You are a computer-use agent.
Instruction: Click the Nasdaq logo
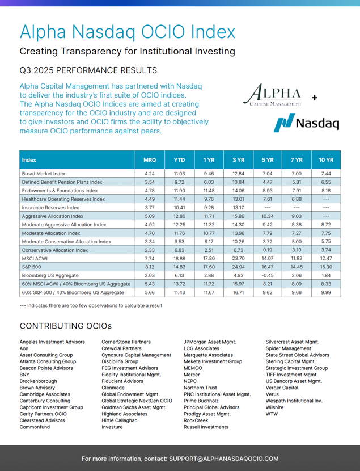306,123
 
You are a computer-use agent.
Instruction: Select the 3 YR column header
239,160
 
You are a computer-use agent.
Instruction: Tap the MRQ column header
150,160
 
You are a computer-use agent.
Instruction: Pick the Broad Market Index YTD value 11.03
179,173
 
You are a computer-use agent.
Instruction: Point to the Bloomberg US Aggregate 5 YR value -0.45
268,275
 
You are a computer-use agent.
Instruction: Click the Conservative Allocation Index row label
54,250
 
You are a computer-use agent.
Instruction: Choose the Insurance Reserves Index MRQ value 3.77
150,208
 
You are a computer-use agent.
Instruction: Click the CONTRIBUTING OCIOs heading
65,326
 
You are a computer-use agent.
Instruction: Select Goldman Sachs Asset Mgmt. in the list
134,407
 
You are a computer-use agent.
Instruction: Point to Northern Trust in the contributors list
200,388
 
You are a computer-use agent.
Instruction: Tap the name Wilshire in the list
274,407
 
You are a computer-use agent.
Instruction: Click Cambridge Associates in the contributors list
45,394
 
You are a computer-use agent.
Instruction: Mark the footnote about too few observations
91,305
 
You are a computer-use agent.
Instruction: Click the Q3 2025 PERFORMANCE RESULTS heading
88,70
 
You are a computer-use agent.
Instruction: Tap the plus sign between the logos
315,98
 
